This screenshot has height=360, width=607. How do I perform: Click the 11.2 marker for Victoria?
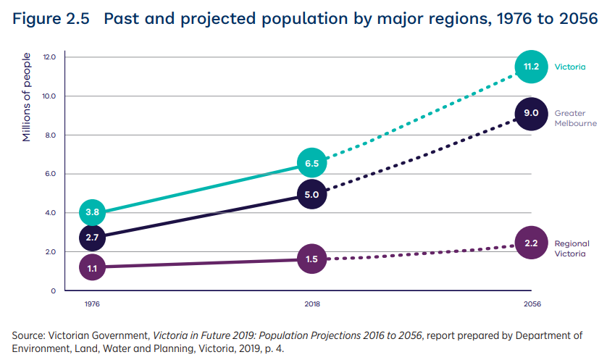(531, 67)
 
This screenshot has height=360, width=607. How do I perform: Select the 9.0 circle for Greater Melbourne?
(531, 113)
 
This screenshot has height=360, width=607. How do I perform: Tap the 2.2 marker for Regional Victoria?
(531, 243)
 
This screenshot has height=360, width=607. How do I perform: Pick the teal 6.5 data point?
(312, 164)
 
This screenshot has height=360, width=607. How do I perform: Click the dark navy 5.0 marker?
(312, 194)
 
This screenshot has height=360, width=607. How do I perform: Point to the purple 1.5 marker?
(312, 259)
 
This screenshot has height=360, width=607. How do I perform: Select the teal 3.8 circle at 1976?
(92, 212)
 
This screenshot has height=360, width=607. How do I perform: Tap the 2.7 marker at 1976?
(92, 237)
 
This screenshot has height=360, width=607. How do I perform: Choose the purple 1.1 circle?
(92, 267)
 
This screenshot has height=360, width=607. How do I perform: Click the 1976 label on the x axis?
(92, 304)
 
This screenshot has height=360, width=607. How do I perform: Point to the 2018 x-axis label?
(312, 304)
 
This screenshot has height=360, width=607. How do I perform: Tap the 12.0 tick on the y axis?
(49, 56)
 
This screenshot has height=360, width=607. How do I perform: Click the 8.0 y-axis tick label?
(49, 135)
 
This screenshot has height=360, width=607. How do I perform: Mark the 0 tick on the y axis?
(53, 291)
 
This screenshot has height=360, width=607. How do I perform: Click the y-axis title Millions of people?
(27, 97)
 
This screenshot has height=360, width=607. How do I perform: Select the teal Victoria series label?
(570, 67)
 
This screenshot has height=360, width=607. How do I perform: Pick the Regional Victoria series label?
(572, 248)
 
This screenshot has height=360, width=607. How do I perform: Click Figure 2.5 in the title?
(51, 20)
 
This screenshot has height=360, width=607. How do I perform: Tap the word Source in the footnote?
(28, 335)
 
